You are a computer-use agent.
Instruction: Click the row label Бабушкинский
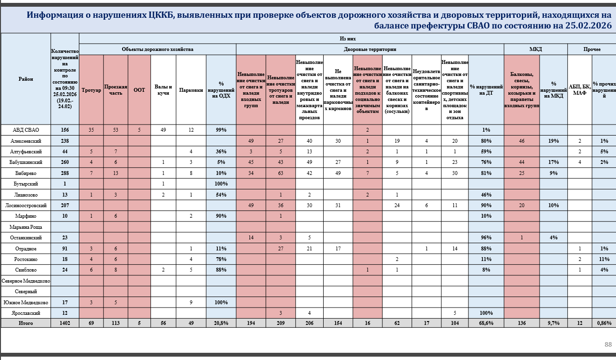[26, 162]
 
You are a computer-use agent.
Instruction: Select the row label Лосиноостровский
[26, 205]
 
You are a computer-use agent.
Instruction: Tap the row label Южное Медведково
[26, 302]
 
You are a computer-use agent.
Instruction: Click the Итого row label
[26, 323]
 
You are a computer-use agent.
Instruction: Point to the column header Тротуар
[91, 90]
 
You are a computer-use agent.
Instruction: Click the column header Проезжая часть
[115, 90]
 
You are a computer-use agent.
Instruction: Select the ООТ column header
[139, 90]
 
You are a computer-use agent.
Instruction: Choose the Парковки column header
[191, 90]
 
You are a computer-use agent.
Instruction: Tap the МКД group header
[535, 49]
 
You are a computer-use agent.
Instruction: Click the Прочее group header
[591, 49]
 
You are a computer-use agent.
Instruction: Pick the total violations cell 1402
[65, 323]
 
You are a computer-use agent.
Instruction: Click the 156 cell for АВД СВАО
[65, 130]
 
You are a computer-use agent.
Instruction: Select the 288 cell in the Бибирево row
[65, 173]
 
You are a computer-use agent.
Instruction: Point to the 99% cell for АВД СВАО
[221, 130]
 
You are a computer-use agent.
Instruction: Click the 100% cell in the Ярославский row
[486, 313]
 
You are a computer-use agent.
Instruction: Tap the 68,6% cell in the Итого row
[486, 323]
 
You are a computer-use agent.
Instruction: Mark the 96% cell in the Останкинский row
[486, 237]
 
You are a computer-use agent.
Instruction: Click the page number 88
[608, 345]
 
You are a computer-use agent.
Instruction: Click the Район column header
[26, 79]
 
